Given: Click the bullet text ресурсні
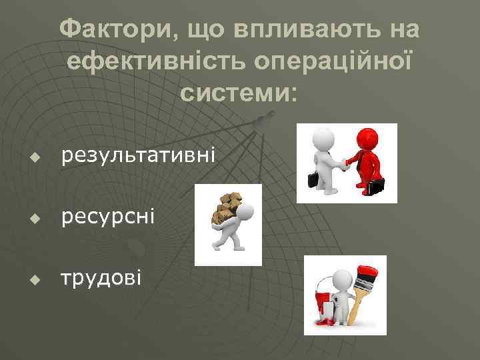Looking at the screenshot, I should pyautogui.click(x=107, y=215).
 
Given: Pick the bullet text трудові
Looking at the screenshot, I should pyautogui.click(x=101, y=277).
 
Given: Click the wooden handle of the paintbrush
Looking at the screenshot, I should pyautogui.click(x=357, y=308).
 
